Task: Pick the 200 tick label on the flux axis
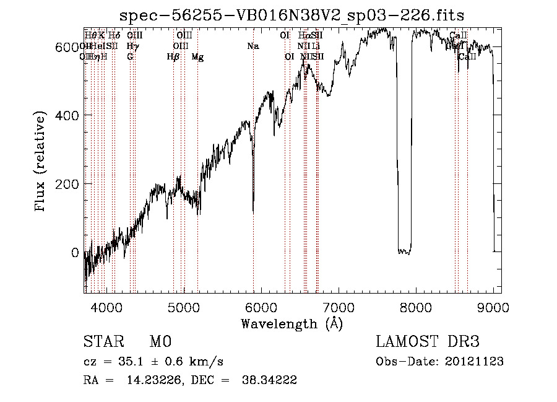coord(67,184)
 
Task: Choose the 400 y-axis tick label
coord(67,115)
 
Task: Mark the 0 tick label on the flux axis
coord(74,253)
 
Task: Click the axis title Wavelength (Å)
coord(291,323)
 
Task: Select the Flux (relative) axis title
coord(41,162)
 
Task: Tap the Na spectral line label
coord(253,46)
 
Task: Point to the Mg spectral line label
coord(197,57)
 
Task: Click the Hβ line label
coord(173,57)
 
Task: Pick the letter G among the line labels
coord(130,57)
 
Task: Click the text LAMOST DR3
coord(428,342)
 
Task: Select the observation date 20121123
coord(474,362)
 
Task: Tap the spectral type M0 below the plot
coord(160,342)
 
